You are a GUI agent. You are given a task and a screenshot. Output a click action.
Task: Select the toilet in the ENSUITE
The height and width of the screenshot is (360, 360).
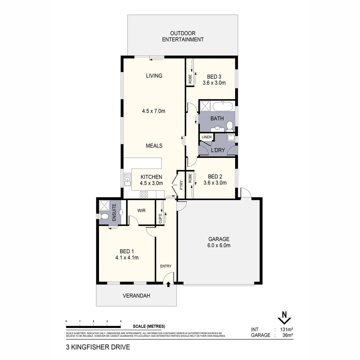pos(105,216)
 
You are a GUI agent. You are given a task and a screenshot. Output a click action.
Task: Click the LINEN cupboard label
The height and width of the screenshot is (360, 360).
pos(206,137)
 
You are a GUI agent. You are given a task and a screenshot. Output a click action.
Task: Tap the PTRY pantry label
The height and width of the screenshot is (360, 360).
pos(181,187)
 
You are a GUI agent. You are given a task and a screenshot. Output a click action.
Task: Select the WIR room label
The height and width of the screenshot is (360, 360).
pos(141,211)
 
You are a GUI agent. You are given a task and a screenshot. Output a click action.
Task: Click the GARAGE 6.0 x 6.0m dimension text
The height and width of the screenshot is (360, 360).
pos(219,245)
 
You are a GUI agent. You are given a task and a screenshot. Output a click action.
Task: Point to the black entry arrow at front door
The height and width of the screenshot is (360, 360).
pos(168,284)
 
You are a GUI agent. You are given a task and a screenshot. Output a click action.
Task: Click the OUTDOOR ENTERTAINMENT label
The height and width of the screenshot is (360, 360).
pos(183,36)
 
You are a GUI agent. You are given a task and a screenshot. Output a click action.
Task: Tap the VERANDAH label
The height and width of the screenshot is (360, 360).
pos(136,296)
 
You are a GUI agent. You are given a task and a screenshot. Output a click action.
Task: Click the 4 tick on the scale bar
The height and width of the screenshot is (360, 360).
pos(121,321)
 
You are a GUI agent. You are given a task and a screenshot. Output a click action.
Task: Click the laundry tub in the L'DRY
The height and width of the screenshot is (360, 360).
pos(231,138)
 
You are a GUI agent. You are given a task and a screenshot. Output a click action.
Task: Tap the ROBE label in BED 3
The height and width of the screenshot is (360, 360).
pos(190,79)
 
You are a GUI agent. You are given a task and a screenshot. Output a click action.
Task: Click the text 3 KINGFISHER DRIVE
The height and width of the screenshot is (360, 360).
pos(98,347)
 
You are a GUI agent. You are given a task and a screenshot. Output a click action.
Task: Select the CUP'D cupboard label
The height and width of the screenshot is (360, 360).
pos(160,218)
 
